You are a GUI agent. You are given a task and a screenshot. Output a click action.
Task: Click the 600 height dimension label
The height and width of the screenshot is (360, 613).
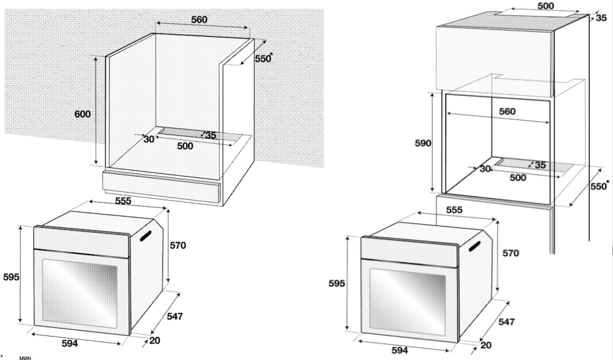click(83, 114)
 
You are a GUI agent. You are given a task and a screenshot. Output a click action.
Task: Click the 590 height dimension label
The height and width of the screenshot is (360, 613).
click(423, 143)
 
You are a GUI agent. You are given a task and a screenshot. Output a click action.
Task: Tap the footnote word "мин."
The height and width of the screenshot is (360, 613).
click(26, 357)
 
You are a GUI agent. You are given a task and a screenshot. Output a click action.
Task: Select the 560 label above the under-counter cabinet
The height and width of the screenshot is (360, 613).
click(199, 19)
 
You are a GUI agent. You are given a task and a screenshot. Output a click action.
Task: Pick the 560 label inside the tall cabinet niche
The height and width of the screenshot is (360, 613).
click(507, 111)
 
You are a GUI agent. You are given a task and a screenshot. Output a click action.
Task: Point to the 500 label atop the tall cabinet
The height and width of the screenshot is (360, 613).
click(546, 6)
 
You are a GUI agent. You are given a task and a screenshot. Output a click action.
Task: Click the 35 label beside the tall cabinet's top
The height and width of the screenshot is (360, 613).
click(601, 18)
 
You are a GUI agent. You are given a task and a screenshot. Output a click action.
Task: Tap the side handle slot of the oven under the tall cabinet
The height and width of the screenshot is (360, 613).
click(474, 247)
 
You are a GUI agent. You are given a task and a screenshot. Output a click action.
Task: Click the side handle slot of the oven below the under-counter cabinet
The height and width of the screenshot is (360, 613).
click(145, 237)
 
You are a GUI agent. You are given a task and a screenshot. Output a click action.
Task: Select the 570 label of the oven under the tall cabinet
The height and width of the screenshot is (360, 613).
click(510, 253)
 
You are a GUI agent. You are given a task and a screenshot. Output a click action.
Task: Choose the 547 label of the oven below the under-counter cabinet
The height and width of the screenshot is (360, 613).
click(175, 316)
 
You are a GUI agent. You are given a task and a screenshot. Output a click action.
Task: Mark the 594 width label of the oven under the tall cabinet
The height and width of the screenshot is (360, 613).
click(400, 350)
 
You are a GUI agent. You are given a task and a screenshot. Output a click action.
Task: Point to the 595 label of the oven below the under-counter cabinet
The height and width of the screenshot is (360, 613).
click(11, 277)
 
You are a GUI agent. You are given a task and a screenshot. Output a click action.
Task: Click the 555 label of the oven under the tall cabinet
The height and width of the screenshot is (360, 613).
click(454, 210)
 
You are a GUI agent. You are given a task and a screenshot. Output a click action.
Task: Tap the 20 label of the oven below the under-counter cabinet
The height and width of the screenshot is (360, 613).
click(155, 341)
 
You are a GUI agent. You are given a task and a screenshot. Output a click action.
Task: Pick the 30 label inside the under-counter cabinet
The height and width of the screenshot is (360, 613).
click(149, 139)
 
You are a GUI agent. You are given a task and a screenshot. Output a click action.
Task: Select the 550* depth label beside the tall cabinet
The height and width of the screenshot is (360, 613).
click(599, 186)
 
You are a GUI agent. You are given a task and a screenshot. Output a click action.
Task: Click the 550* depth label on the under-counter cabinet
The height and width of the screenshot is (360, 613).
click(264, 58)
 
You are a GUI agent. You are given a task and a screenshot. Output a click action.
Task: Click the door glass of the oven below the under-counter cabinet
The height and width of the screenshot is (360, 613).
click(80, 294)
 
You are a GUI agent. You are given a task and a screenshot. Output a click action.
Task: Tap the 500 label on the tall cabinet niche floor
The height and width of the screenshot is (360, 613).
click(518, 177)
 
